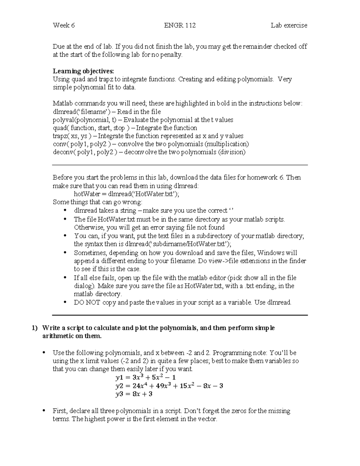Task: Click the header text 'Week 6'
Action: tap(64, 26)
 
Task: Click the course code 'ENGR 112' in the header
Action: tap(180, 26)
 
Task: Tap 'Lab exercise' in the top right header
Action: tap(289, 26)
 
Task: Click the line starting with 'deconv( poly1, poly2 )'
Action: tap(149, 152)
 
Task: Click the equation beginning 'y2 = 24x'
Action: tap(169, 386)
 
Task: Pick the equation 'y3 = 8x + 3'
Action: tap(134, 394)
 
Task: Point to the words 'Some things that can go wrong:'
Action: tap(97, 202)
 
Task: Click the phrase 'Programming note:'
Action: tap(240, 353)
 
